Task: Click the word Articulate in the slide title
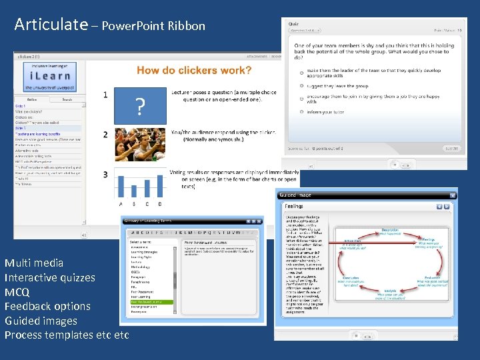click(51, 25)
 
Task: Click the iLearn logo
click(46, 79)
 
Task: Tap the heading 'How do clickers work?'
click(194, 70)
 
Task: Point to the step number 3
click(105, 175)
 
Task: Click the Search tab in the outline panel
click(67, 99)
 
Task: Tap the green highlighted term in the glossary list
click(151, 301)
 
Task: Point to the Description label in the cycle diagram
click(390, 230)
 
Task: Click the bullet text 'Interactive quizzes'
click(50, 277)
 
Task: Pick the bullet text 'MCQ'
click(17, 292)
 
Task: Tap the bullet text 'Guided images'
click(41, 321)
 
